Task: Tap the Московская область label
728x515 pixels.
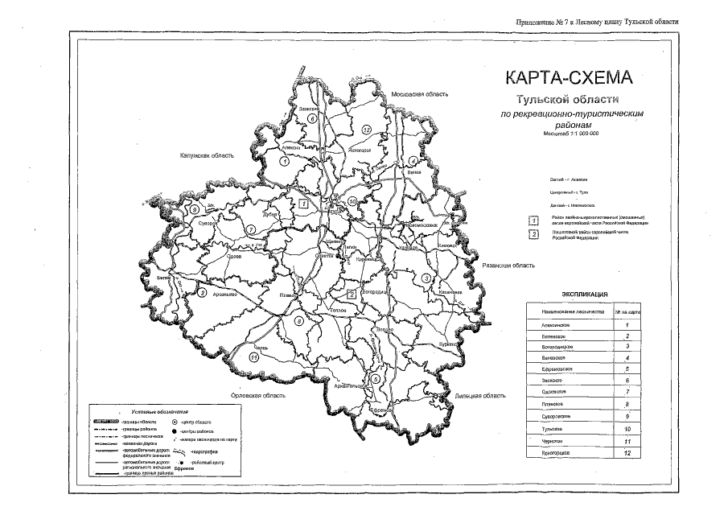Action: [x=418, y=95]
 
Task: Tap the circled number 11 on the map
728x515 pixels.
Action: [x=254, y=356]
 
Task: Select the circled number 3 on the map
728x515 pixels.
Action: [x=424, y=278]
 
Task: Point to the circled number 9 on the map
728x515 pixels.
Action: [x=195, y=209]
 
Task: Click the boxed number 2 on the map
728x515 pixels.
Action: [x=352, y=294]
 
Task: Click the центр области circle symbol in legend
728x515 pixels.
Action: [x=175, y=421]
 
